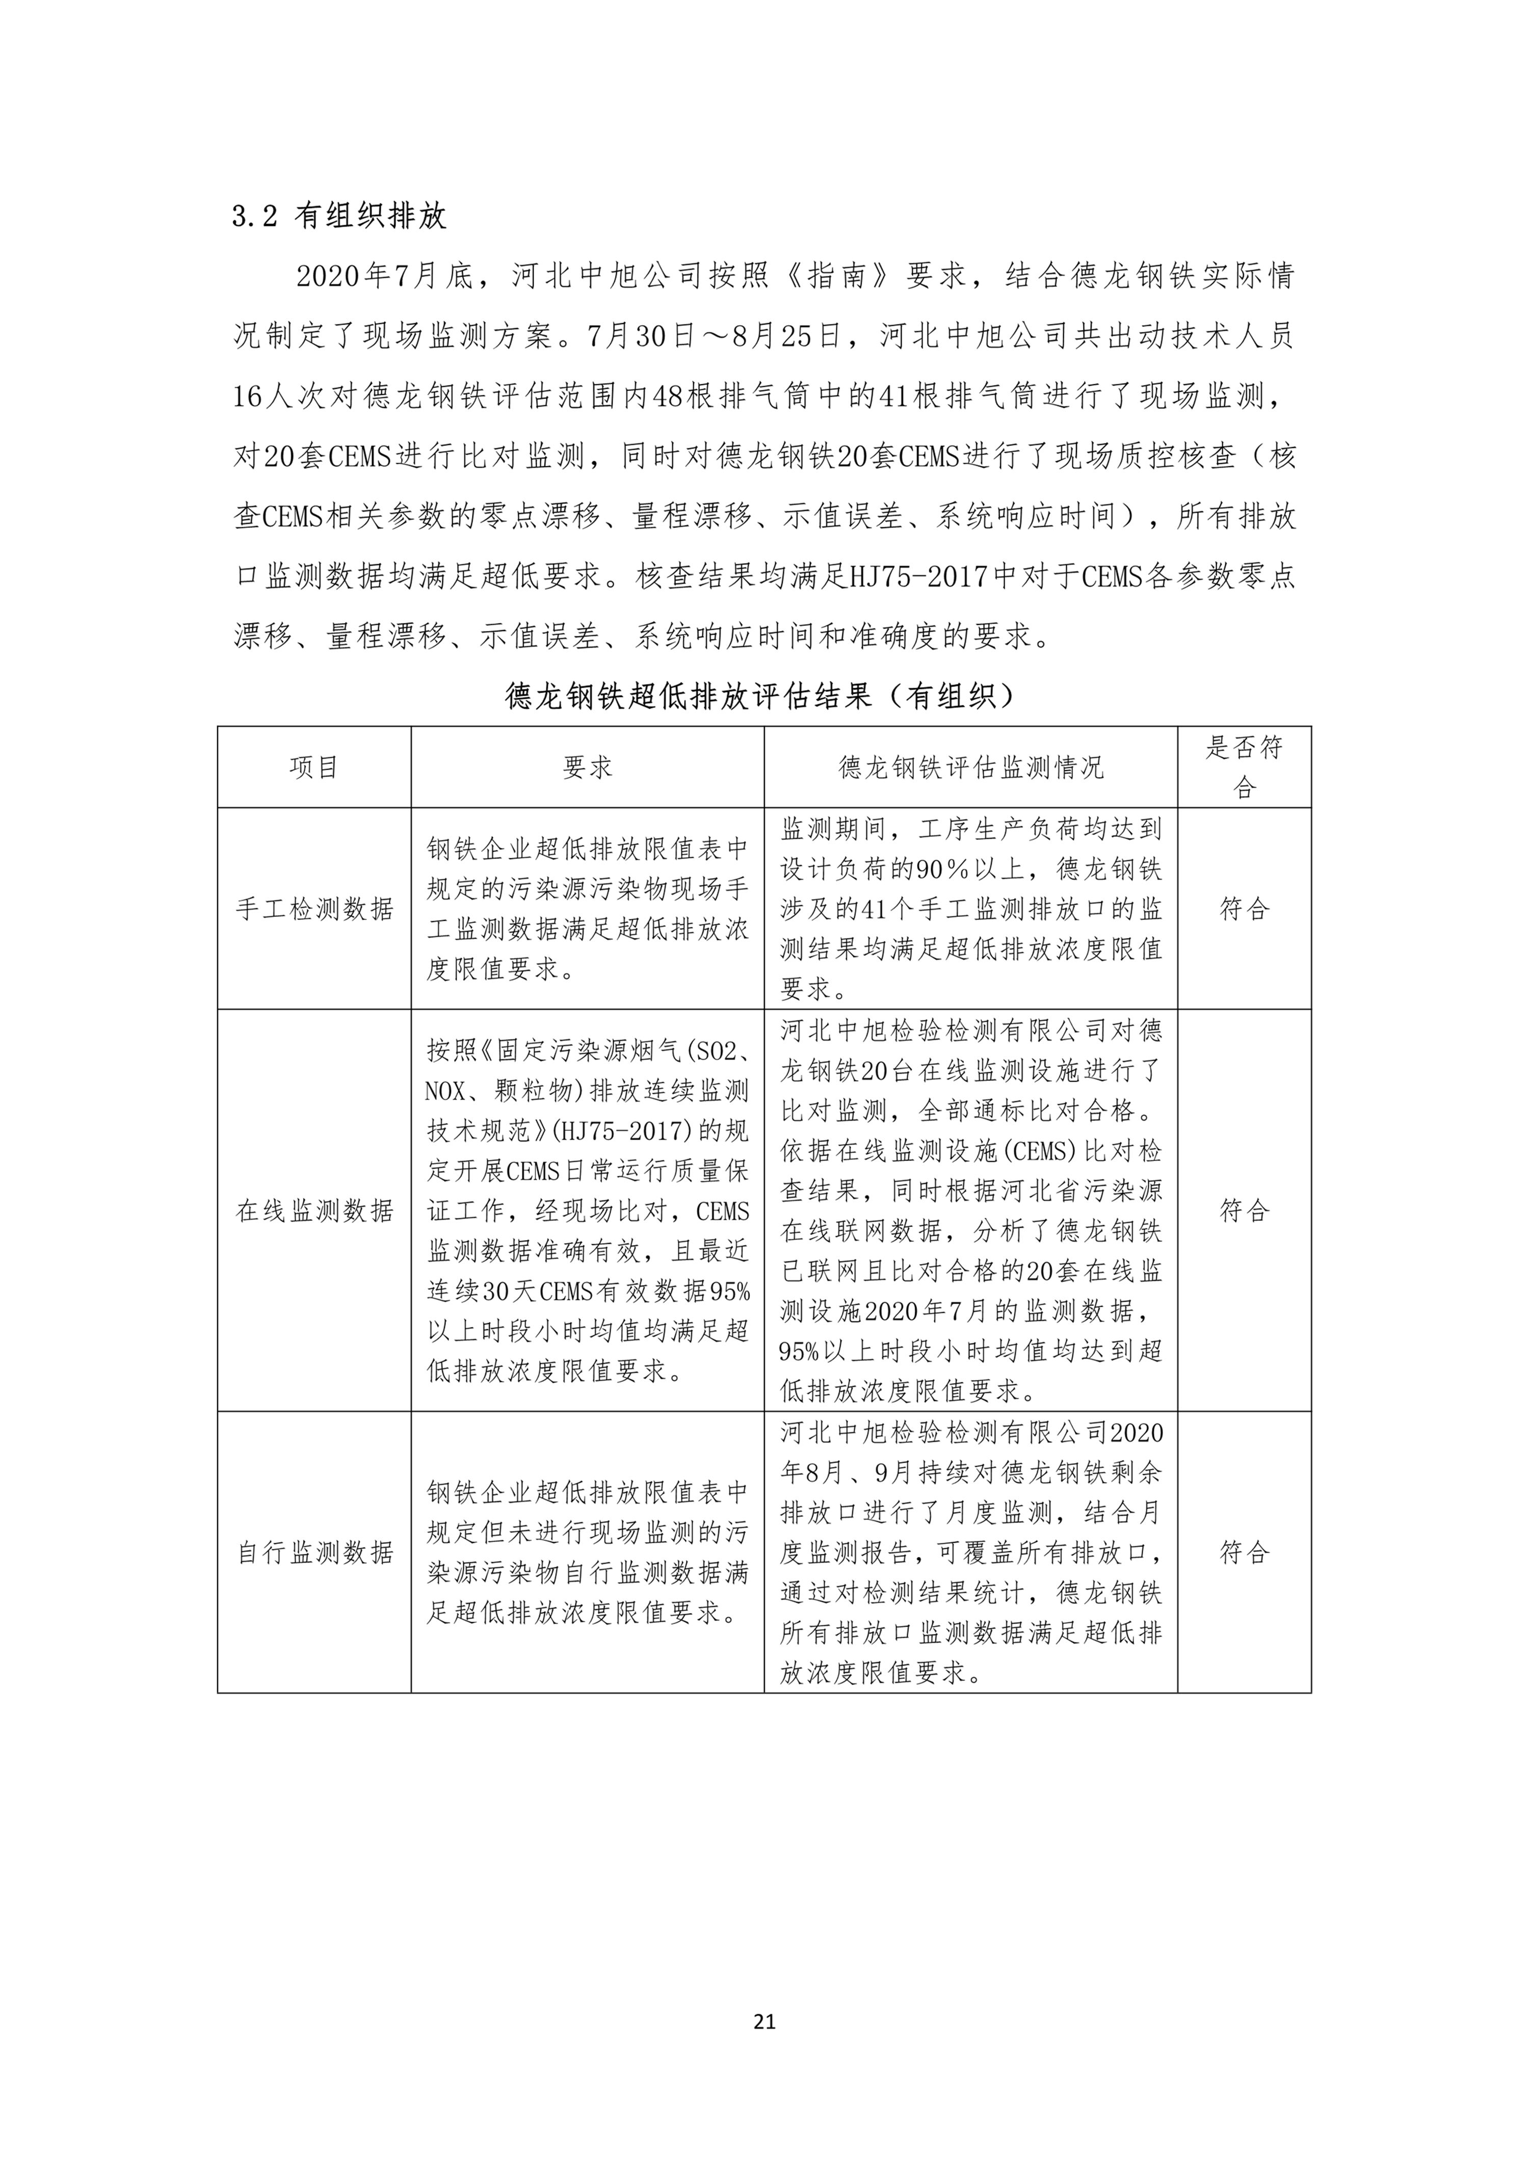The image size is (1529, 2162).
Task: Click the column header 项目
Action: point(313,768)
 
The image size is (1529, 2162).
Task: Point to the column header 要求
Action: point(588,768)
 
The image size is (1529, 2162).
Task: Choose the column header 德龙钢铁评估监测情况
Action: point(971,768)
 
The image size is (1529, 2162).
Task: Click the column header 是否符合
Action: point(1244,768)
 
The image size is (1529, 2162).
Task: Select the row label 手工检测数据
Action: point(313,909)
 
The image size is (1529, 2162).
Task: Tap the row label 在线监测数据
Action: point(313,1210)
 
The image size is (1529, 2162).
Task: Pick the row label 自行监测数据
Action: point(313,1552)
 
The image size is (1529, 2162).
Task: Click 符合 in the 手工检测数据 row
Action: point(1244,909)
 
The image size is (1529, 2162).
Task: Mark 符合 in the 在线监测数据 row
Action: point(1244,1210)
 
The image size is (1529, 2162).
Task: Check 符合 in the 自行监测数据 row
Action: point(1244,1552)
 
